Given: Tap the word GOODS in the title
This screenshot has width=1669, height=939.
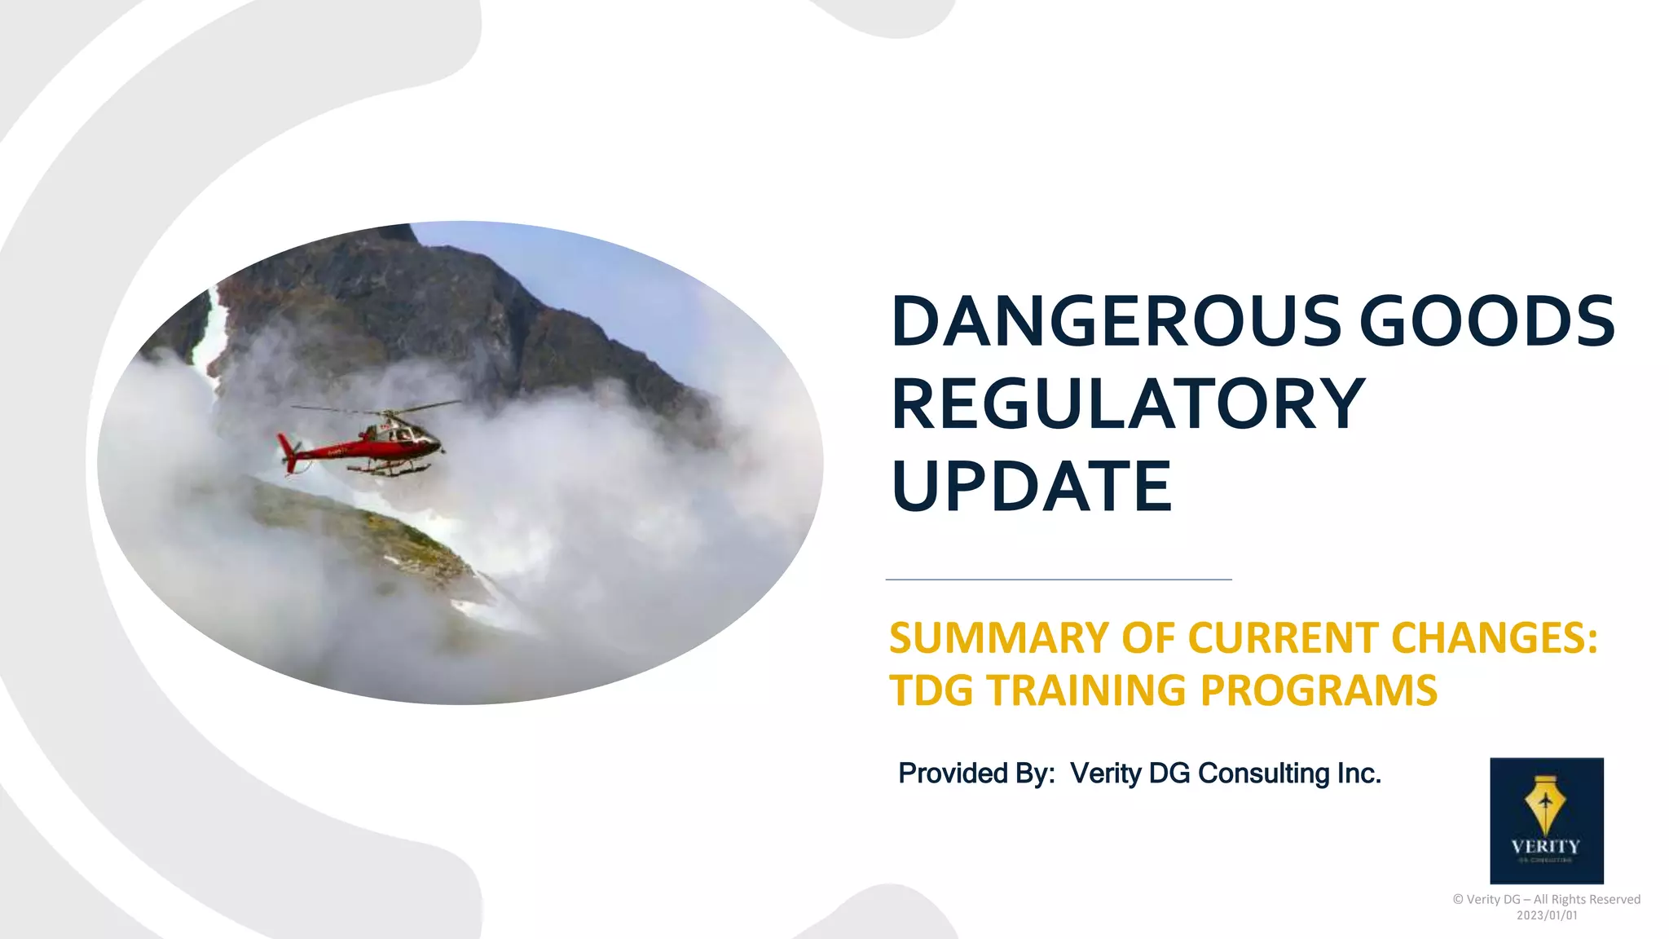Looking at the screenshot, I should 1487,321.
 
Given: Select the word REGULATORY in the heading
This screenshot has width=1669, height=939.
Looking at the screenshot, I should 1129,403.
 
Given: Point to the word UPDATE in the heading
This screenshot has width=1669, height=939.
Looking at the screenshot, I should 1033,486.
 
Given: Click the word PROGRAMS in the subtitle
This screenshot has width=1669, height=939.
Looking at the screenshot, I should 1319,690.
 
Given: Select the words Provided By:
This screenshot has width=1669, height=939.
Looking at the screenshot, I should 976,773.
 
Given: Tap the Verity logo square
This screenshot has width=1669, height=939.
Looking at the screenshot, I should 1546,820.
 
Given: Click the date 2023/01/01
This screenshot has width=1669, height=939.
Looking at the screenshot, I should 1546,915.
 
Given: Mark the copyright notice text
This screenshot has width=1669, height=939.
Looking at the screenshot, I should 1546,899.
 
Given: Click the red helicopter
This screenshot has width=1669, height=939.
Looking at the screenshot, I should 367,444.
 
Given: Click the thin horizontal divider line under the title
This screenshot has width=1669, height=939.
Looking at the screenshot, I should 1058,580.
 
